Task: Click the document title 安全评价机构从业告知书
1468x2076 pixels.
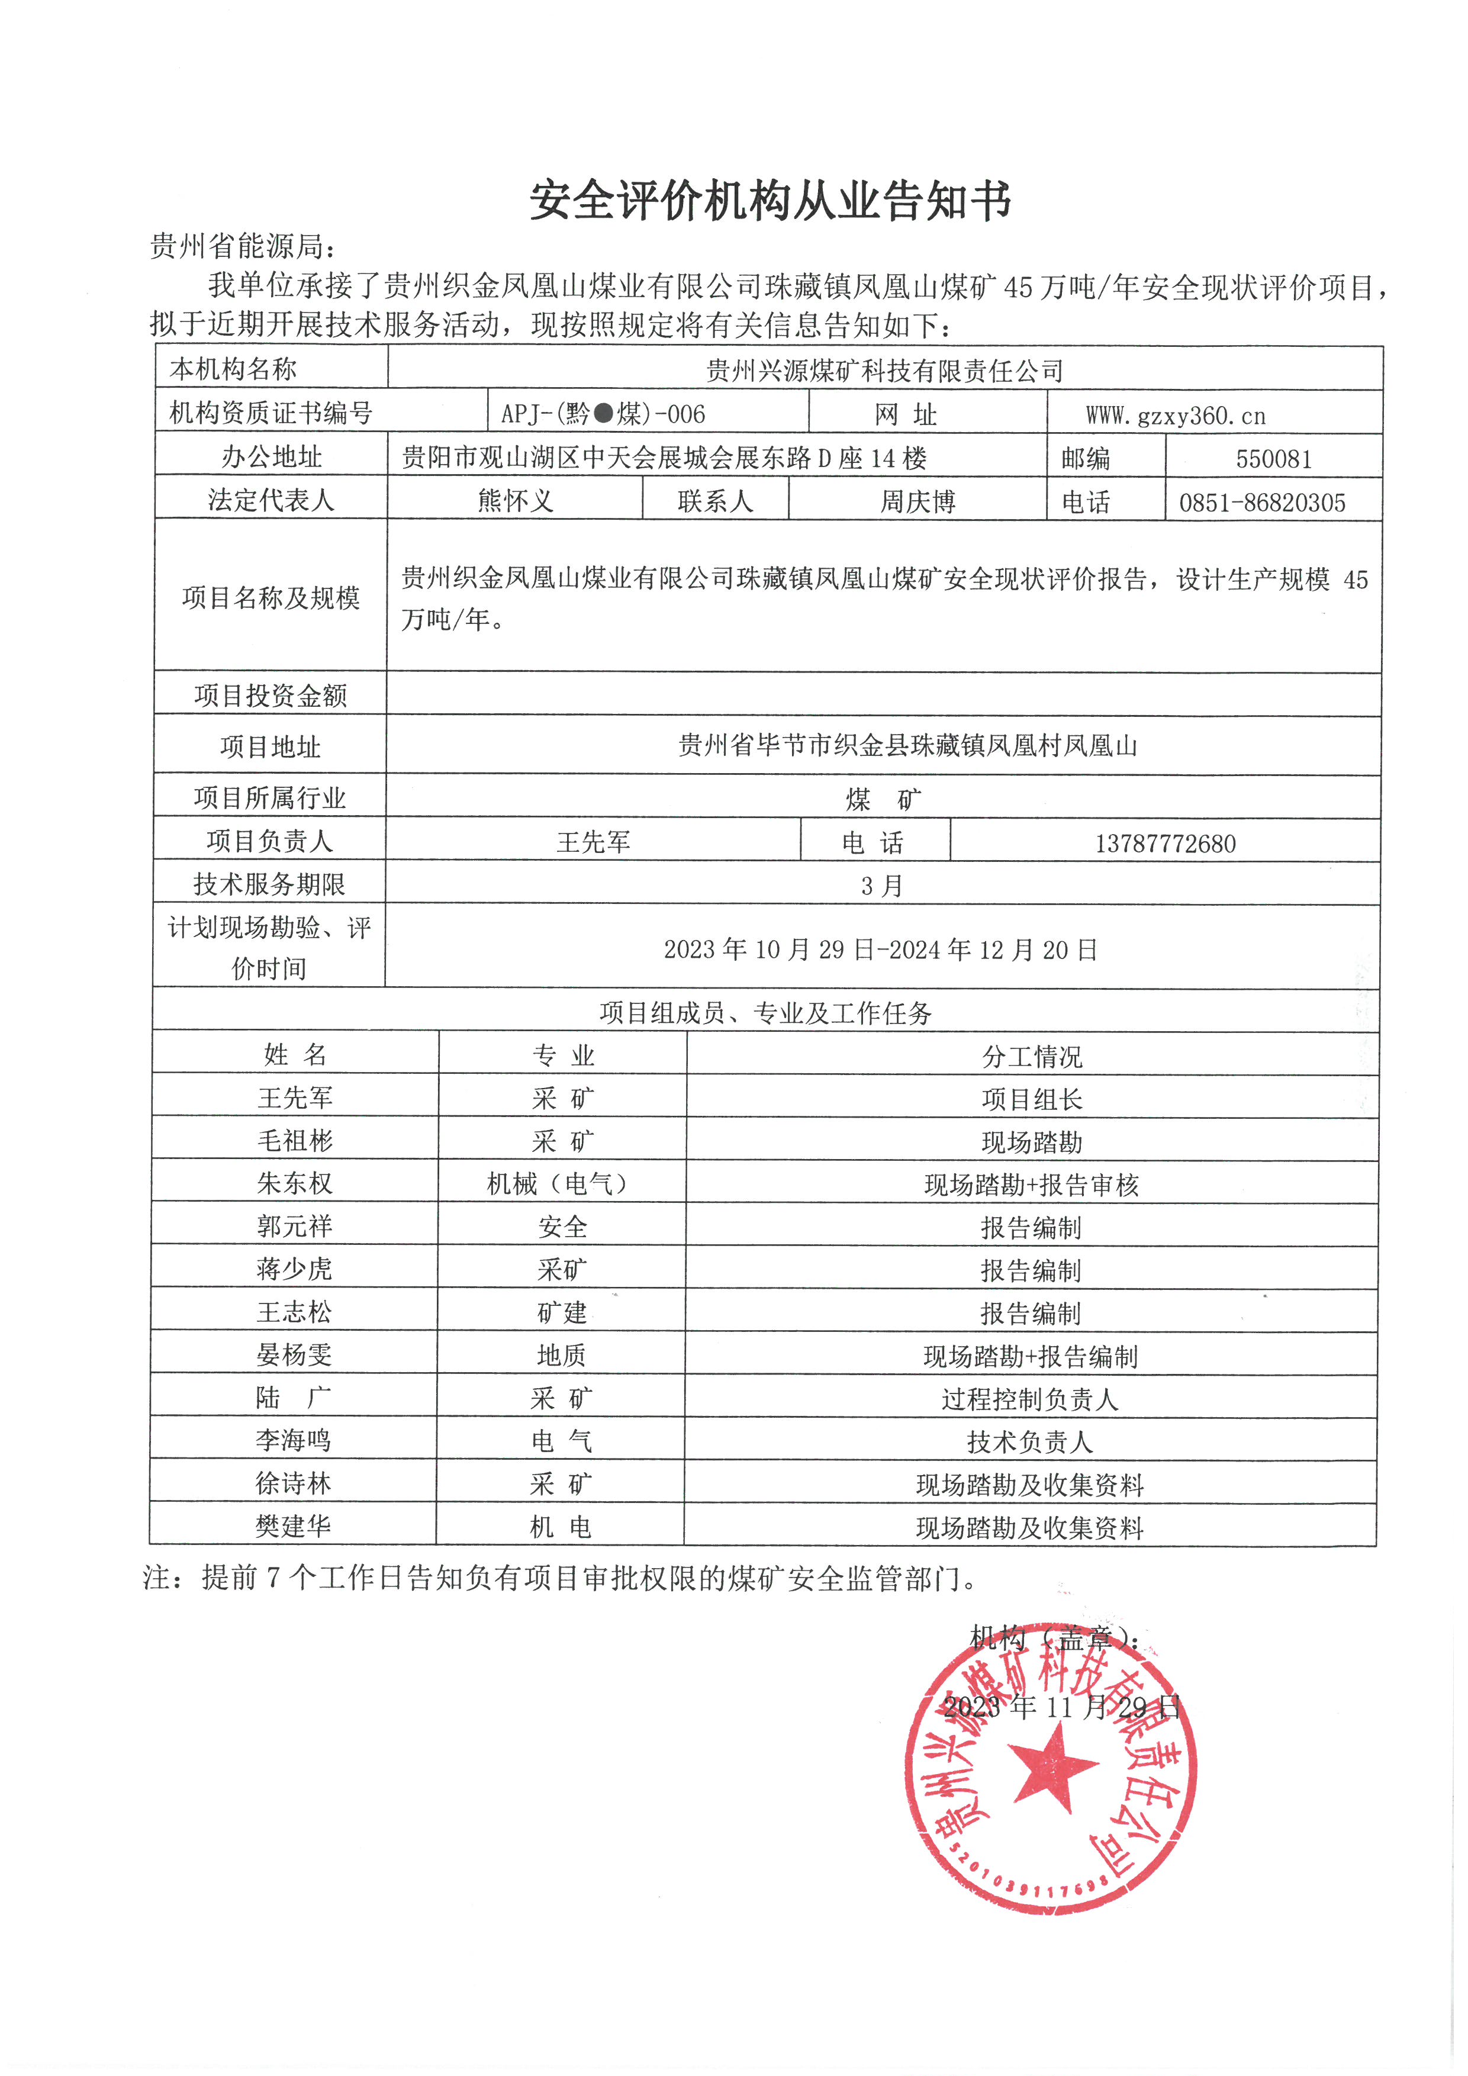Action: click(x=770, y=200)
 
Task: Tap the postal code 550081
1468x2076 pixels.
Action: click(x=1273, y=458)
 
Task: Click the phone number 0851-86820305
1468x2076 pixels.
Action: click(x=1262, y=503)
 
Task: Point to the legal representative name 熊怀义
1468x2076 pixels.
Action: click(x=514, y=501)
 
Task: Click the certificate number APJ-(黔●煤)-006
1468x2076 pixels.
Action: click(x=603, y=414)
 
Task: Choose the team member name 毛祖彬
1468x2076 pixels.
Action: click(x=295, y=1141)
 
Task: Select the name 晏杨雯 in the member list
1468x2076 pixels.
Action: click(x=294, y=1354)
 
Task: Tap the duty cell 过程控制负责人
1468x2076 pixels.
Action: click(x=1029, y=1399)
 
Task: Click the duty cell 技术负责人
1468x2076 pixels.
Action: click(x=1029, y=1442)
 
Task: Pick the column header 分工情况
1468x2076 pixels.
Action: click(x=1031, y=1056)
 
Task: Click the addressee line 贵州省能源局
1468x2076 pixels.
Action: click(x=242, y=246)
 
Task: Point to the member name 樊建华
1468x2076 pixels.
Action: click(x=293, y=1526)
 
